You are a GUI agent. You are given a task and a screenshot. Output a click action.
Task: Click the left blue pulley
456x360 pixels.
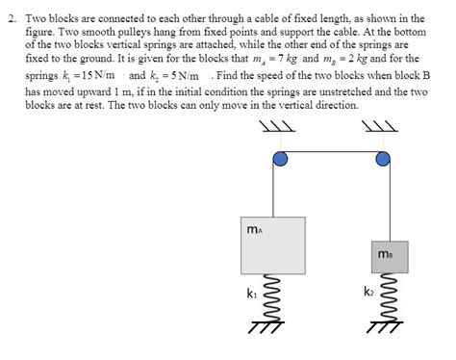[279, 159]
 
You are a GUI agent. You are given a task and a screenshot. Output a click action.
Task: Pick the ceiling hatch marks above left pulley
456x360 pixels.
[278, 127]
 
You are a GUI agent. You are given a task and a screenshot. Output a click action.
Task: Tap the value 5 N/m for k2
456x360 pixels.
[189, 75]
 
